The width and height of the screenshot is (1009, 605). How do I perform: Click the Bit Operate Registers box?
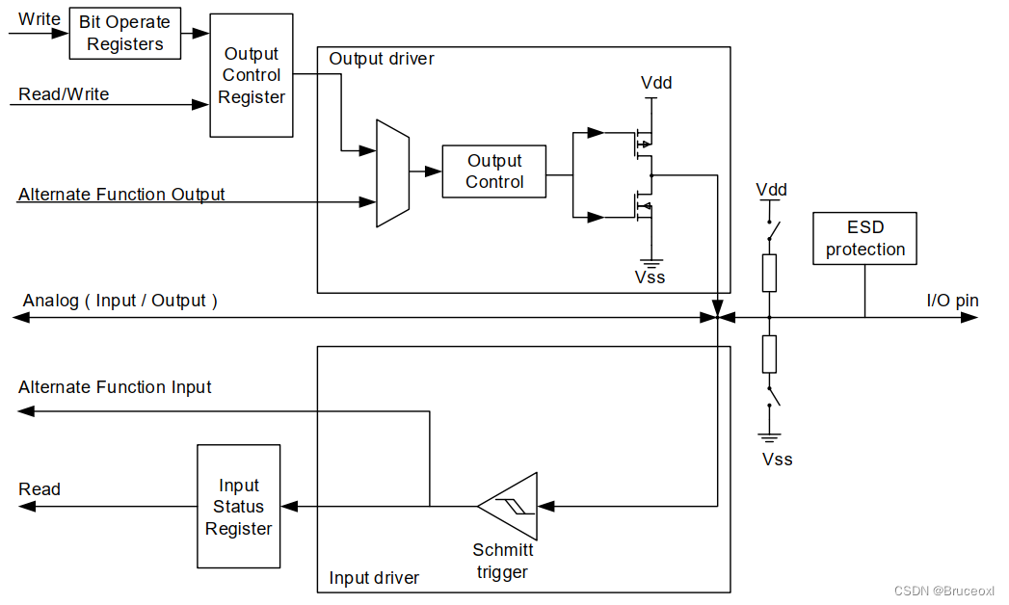124,33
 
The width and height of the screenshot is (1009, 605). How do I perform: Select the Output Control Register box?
252,75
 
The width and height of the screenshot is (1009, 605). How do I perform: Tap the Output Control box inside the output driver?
494,171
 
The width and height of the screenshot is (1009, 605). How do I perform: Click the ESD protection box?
864,239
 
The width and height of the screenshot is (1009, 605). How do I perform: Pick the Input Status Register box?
239,507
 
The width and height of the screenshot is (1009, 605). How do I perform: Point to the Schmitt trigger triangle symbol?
511,506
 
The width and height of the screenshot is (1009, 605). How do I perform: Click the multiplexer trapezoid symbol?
392,173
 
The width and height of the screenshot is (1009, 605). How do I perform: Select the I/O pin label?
952,301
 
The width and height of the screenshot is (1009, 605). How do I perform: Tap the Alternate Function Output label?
121,195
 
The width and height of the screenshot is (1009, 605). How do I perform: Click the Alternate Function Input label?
115,387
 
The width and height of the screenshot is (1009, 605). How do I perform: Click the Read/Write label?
64,94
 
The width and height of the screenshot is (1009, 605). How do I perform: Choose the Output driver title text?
382,59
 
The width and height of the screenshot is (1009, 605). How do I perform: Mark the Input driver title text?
374,578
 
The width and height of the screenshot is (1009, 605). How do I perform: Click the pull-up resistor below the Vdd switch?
769,273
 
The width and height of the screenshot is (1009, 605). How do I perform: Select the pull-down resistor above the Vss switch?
769,354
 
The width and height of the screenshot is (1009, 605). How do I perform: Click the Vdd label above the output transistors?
656,83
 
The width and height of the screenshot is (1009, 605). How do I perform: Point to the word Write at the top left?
40,19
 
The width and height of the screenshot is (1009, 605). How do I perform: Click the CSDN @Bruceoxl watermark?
943,591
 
